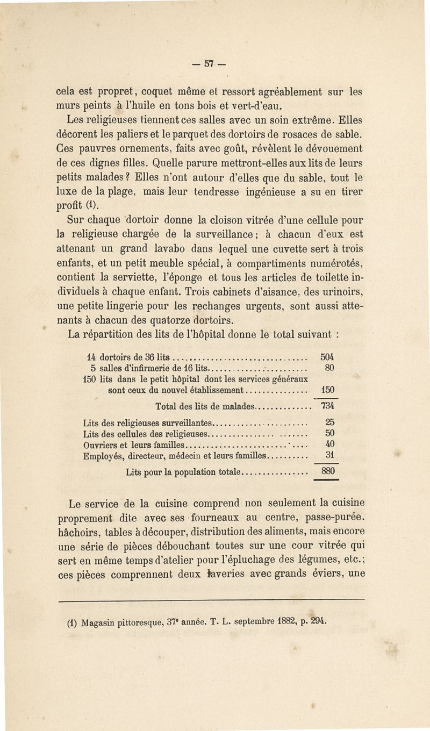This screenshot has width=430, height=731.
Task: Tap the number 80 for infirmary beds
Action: (331, 369)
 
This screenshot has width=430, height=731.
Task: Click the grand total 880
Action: (328, 471)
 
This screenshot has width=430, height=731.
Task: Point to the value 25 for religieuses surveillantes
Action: (331, 423)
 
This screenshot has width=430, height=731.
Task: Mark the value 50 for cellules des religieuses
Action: (331, 434)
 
